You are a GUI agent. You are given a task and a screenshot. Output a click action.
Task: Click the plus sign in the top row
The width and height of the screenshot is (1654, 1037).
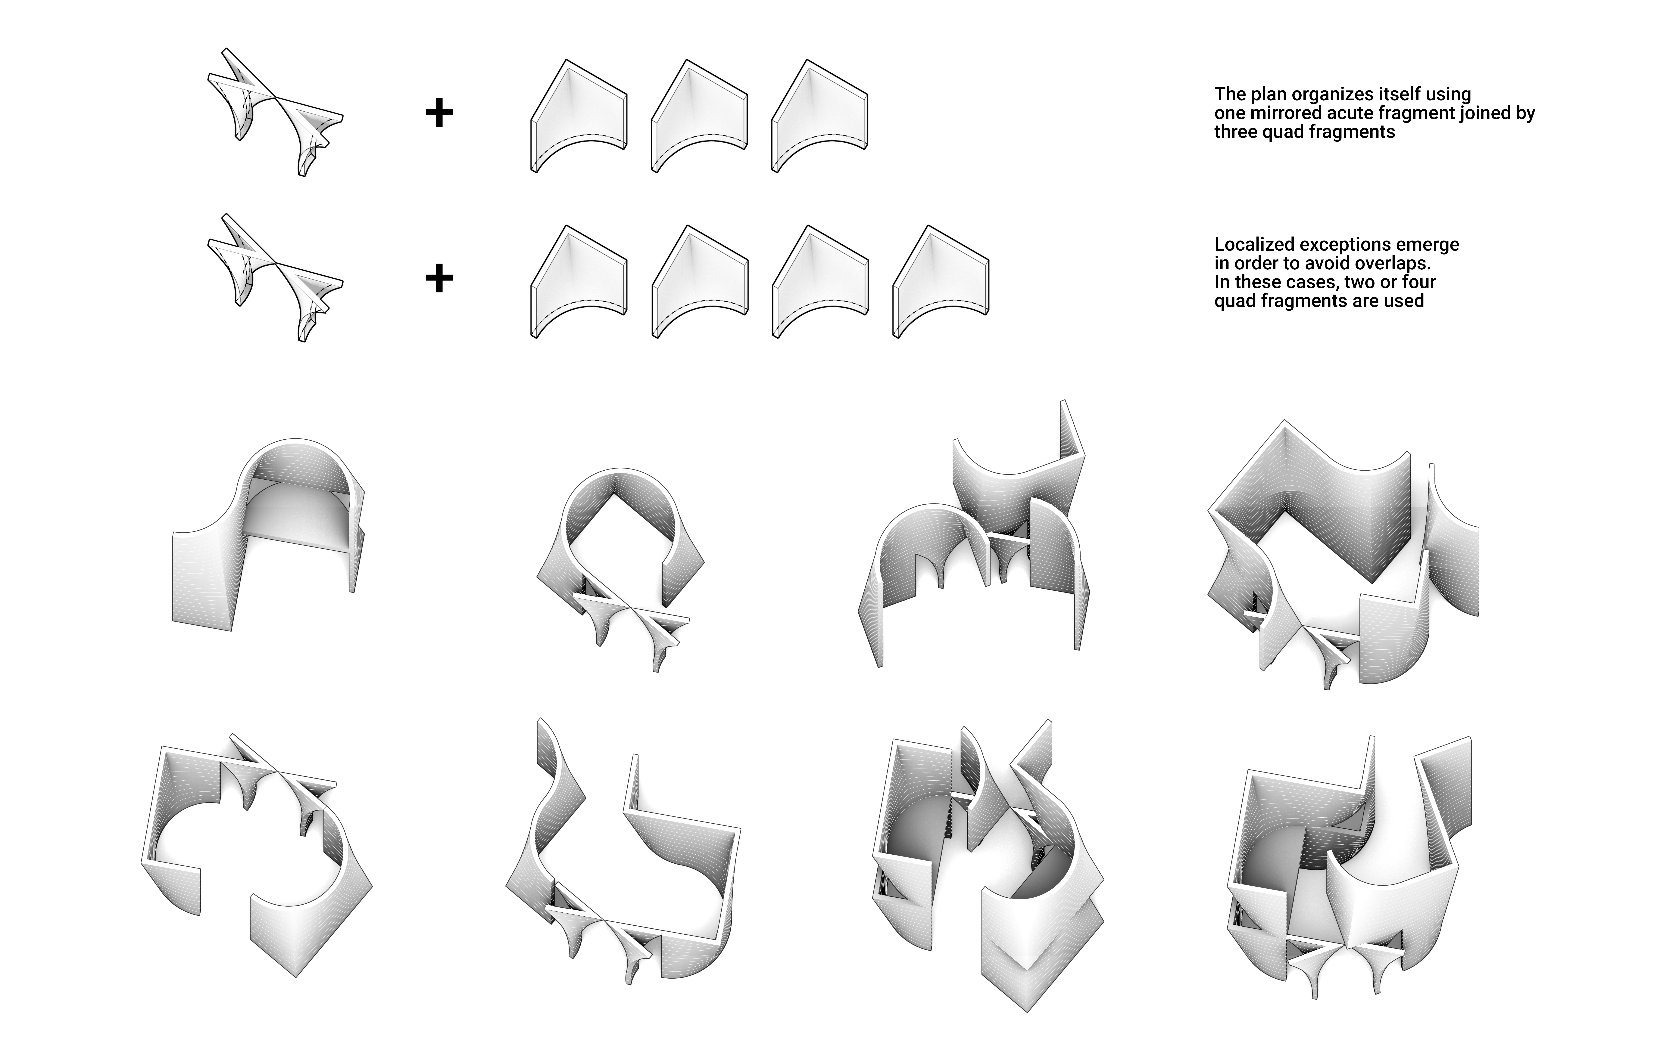439,113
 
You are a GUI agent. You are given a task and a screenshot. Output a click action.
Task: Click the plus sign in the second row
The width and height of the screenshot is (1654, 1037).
439,278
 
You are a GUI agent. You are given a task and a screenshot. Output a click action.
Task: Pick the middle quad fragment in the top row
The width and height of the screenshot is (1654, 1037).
699,115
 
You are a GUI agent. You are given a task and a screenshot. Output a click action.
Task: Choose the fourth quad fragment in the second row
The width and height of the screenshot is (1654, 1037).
941,281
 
